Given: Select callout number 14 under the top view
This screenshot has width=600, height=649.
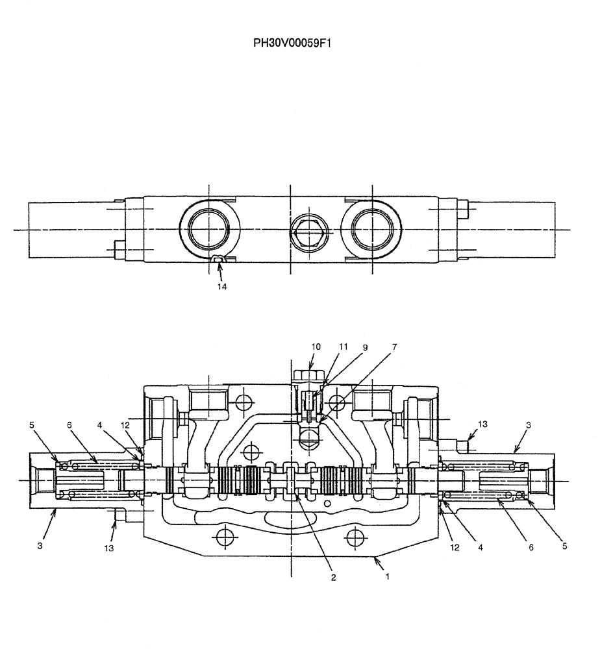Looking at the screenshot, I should [x=222, y=285].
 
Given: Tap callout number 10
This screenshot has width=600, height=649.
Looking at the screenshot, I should [x=316, y=347].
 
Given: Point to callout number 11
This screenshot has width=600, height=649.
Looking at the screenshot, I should [x=344, y=347].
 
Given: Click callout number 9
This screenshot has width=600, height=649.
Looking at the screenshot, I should [x=365, y=347].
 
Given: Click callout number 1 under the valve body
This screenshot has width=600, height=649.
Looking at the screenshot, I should [x=388, y=575].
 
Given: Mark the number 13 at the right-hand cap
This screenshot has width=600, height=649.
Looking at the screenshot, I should [x=481, y=424].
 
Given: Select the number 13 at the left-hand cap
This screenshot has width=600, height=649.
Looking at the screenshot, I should [x=109, y=548].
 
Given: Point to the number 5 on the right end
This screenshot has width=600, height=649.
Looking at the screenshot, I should [x=564, y=546].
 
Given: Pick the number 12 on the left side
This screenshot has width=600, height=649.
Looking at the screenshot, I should [x=125, y=424].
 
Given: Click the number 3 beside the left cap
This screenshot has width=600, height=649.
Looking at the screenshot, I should [x=40, y=546].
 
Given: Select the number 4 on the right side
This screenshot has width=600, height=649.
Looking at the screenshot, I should [x=481, y=547].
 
